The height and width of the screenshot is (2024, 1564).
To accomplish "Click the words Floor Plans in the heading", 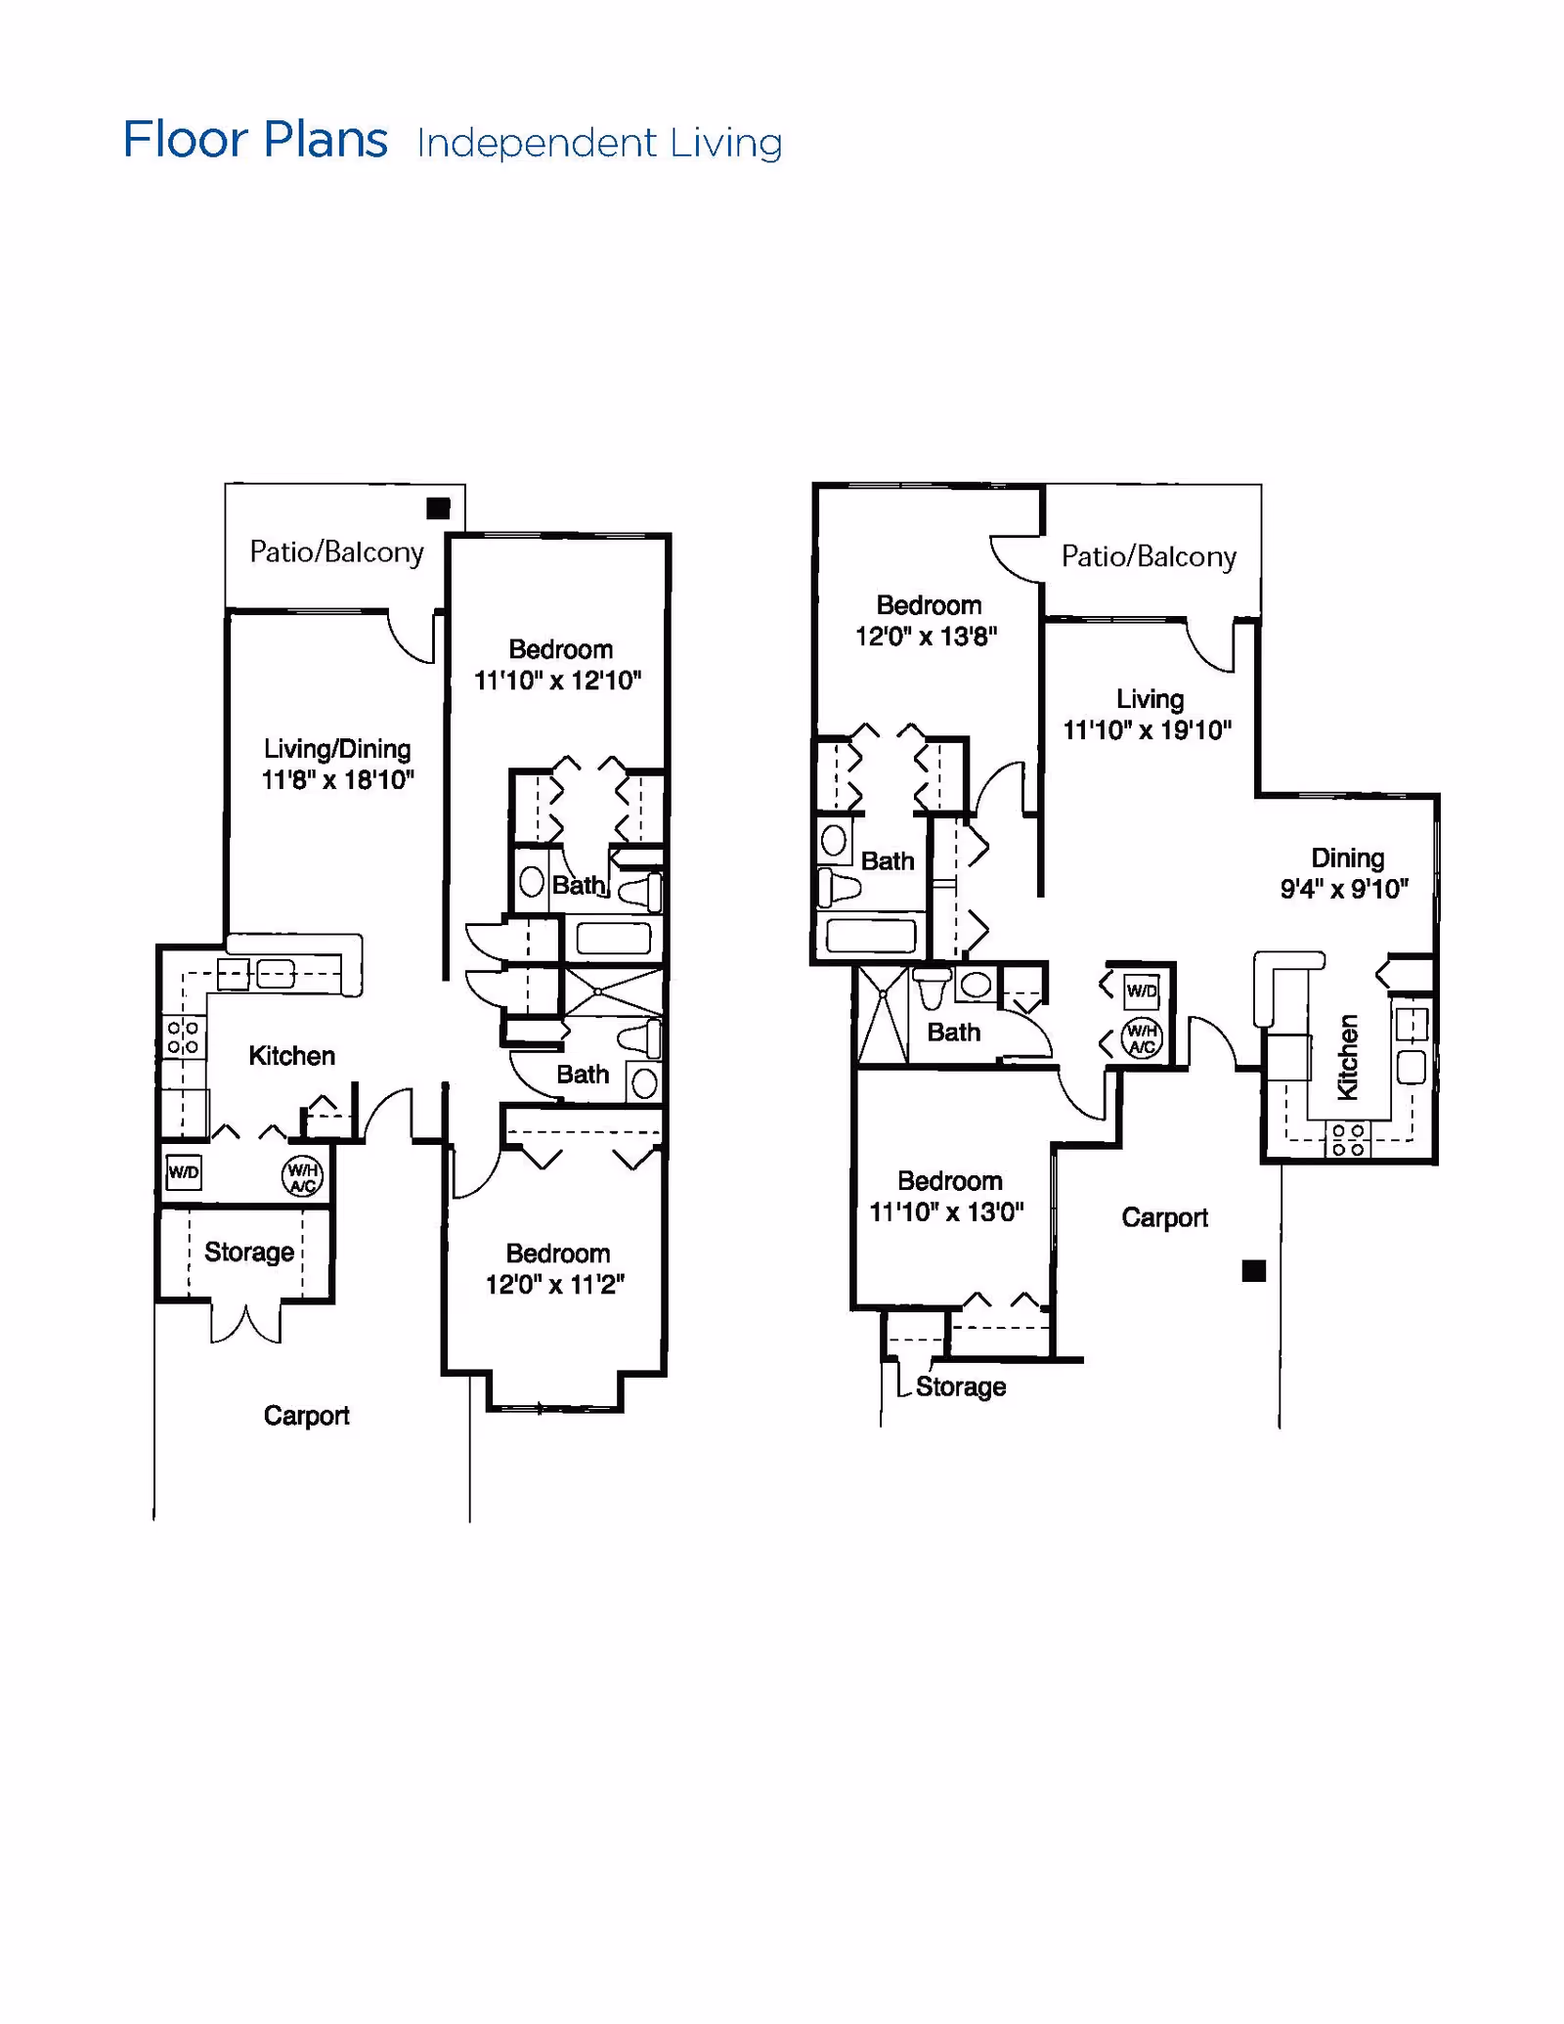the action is tap(255, 140).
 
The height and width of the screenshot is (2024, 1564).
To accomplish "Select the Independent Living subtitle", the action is tap(599, 144).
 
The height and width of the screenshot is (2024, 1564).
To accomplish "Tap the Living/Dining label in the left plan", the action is tap(337, 749).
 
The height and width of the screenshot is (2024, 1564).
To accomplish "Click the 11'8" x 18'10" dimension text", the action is tap(337, 780).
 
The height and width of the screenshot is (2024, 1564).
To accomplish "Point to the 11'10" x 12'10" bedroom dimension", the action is tap(558, 681).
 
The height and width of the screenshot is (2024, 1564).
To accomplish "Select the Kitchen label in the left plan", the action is tap(291, 1056).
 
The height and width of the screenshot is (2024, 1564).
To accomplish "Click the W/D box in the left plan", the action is tap(184, 1172).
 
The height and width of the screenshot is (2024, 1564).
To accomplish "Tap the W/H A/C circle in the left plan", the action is tap(302, 1177).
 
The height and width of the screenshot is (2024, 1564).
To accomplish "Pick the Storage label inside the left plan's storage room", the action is tap(249, 1253).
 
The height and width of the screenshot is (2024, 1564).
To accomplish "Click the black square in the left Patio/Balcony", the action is tap(438, 508).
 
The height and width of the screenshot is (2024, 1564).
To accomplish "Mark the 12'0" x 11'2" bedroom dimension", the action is tap(555, 1285).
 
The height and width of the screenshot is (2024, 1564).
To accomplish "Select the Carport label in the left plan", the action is tap(306, 1416).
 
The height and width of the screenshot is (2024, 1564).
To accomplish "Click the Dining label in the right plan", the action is tap(1348, 858).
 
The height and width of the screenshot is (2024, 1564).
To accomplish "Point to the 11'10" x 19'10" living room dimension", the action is tap(1148, 730).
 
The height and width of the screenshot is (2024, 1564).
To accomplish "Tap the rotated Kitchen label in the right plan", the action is tap(1348, 1057).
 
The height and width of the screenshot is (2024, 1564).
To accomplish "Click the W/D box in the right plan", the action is tap(1142, 991).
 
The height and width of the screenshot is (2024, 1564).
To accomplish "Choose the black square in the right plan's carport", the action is tap(1254, 1271).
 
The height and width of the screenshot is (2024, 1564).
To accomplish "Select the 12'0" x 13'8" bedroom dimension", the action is tap(927, 637).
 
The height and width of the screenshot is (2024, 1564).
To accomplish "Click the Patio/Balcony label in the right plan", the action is tap(1150, 557).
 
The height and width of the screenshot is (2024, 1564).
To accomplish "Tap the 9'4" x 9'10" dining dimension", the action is tap(1345, 889).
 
